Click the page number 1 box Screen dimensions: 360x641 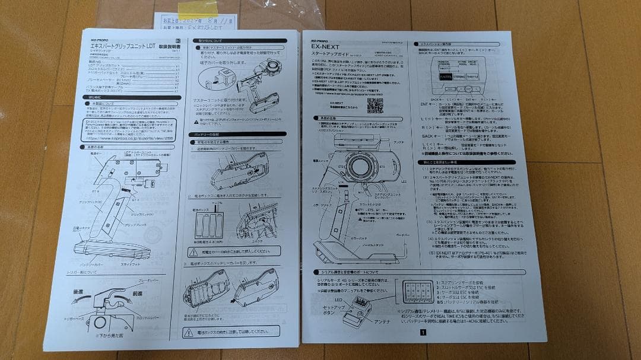click(x=423, y=333)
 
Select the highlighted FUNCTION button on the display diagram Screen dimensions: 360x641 click(x=446, y=77)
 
